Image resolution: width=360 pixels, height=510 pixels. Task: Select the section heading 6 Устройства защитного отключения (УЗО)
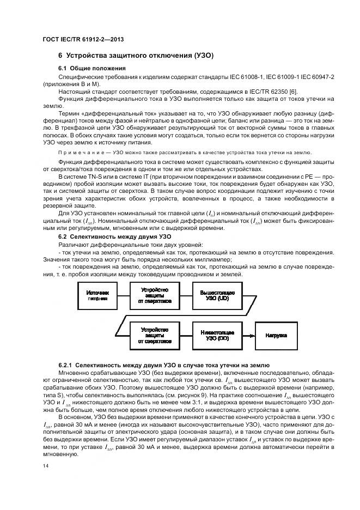click(136, 56)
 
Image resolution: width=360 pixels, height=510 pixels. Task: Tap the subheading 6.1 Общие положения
click(92, 68)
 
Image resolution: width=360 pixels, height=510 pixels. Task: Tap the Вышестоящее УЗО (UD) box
click(217, 296)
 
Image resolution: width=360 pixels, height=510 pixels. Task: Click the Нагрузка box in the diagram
click(277, 336)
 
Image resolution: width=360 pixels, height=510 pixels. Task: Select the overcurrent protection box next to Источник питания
click(155, 296)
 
